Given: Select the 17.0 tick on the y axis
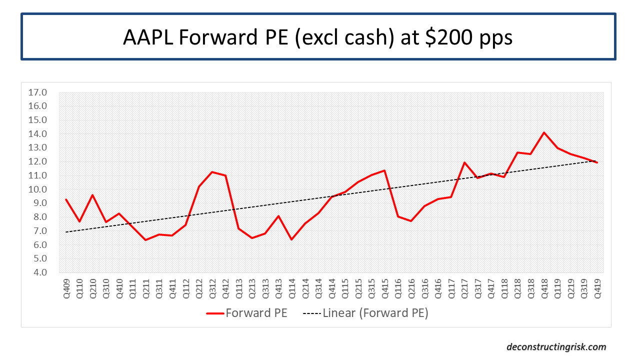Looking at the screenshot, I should tap(38, 92).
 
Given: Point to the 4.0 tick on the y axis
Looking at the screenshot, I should tap(38, 272).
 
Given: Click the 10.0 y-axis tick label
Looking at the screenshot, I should tap(38, 189).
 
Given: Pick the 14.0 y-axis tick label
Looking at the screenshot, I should tap(38, 134).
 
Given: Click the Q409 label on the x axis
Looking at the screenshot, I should tap(66, 287).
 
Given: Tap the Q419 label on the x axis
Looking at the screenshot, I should tap(596, 287).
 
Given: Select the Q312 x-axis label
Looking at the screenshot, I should tap(212, 287).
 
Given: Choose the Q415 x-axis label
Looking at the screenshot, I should tap(384, 287).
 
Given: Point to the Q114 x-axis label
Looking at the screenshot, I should tap(291, 287).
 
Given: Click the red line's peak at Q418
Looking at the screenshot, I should tap(543, 132).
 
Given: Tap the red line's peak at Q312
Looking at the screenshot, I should tap(212, 172).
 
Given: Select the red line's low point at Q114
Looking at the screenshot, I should tap(291, 239).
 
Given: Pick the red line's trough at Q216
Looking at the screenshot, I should tap(411, 221).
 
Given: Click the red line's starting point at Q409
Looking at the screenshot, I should tap(66, 199).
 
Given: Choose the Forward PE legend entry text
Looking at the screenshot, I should tap(256, 313).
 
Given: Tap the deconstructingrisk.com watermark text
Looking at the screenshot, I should tap(556, 346).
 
